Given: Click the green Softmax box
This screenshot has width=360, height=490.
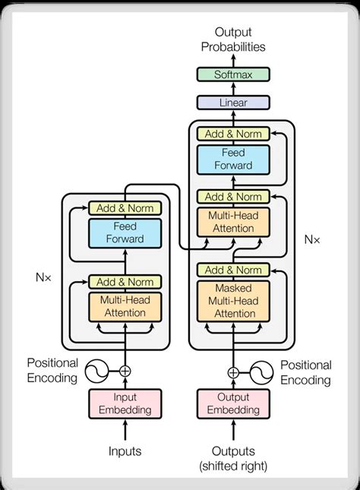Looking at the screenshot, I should coord(233,74).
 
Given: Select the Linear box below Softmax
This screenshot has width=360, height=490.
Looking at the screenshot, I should coord(233,102).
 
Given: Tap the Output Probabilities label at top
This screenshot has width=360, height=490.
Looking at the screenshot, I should coord(233,40).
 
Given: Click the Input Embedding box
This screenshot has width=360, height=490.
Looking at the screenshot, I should coord(125,403).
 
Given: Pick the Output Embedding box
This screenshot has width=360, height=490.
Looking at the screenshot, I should coord(233,403).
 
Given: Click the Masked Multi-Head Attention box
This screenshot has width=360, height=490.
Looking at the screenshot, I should coord(233,299).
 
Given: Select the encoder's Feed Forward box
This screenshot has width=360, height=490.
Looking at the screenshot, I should coord(125,232).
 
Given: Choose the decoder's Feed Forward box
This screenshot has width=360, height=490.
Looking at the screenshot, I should coord(233,159).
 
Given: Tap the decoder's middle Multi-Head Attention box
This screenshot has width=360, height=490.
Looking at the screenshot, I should coord(233,222).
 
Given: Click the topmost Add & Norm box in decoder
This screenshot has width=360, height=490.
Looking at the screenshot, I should coord(233,134).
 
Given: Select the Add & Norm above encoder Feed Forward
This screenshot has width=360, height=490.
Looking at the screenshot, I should coord(125,207).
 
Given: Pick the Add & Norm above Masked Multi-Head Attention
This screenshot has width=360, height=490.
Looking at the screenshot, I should coord(233,270).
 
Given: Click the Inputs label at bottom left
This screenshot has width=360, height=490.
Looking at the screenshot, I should coord(125,451).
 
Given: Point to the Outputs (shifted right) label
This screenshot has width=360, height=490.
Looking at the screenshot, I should coord(233,458).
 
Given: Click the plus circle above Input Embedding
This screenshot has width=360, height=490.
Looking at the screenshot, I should coord(125,371).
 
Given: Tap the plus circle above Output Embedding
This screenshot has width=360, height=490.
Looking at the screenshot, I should coord(233,372).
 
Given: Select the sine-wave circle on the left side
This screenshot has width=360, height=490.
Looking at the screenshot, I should coord(96,371).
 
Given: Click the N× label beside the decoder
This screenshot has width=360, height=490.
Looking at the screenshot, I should coord(312,239).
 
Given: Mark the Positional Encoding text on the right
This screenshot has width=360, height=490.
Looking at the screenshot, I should coord(306,373).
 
